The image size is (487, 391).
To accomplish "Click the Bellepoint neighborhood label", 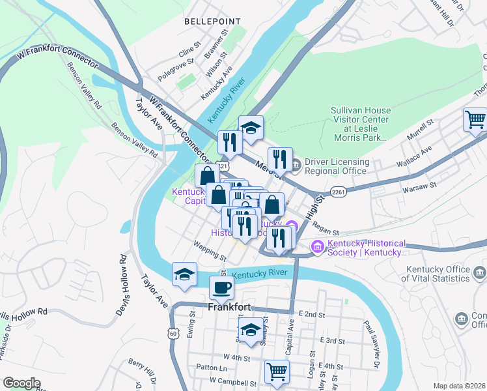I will coord(208,22).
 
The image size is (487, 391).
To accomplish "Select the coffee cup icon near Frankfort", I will coord(221,287).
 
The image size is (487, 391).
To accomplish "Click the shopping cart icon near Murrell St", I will coord(476,119).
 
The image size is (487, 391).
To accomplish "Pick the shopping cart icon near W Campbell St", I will coord(277,371).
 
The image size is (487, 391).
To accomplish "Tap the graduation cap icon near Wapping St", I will coord(184,274).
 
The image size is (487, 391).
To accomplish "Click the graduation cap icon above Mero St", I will coord(251,127).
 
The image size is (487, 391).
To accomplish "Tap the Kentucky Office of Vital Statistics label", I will coord(445,274).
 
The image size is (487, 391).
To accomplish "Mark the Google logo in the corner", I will coord(21,383).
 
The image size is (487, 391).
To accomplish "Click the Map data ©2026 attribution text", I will coord(459,386).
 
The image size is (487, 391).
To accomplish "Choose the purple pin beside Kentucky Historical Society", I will coord(318,246).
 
